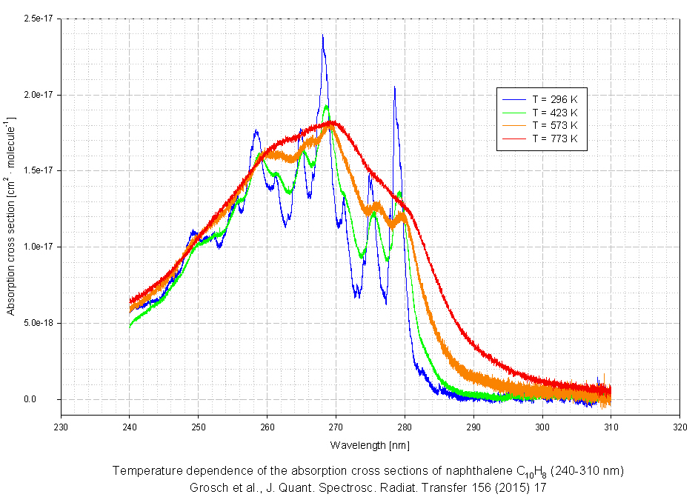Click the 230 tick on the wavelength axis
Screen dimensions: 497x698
click(61, 426)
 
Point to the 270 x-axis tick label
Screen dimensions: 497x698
click(336, 426)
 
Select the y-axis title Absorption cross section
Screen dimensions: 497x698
click(10, 215)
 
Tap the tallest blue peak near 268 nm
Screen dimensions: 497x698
click(322, 36)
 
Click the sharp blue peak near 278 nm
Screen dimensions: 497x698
click(394, 87)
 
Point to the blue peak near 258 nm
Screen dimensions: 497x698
click(256, 131)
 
